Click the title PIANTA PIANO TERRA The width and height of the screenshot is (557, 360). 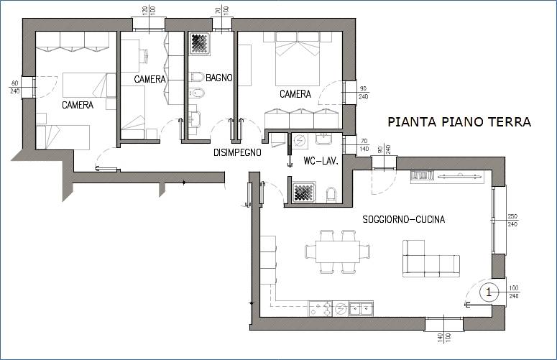tap(459, 122)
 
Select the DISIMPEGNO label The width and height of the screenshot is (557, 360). tap(236, 152)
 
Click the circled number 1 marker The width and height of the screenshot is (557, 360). tap(489, 292)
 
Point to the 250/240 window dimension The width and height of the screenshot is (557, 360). tap(512, 220)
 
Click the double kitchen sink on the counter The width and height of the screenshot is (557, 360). tap(362, 309)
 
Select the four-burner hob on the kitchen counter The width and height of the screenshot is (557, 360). tap(321, 309)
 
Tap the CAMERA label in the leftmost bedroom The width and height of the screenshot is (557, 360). tap(77, 105)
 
